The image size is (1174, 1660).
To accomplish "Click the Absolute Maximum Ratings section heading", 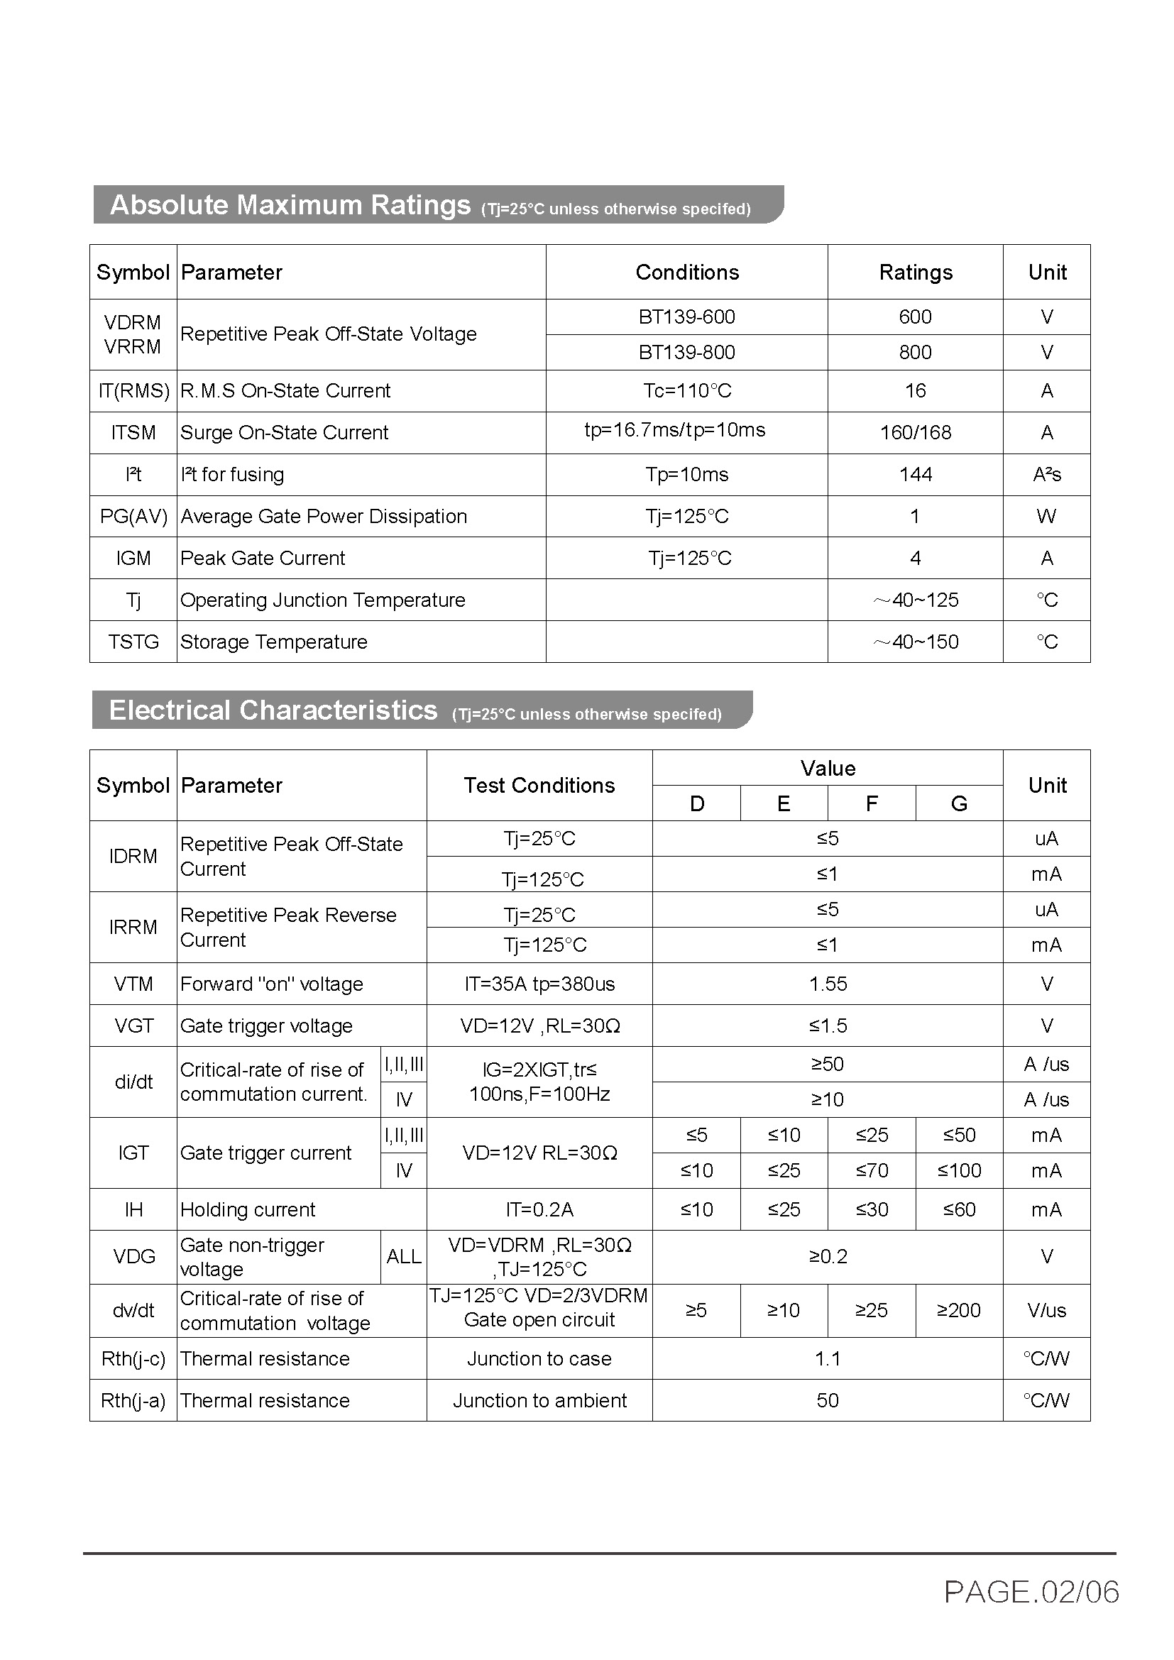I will click(x=289, y=205).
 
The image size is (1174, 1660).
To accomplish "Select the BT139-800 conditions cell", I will click(x=686, y=352).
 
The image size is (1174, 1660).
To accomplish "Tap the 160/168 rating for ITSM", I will click(x=915, y=432).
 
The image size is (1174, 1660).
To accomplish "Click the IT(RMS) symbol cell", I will click(x=133, y=390).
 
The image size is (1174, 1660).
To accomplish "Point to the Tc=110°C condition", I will click(x=687, y=390).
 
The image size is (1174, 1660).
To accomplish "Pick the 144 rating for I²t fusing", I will click(x=915, y=474).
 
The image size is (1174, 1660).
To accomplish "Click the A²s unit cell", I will click(x=1046, y=474).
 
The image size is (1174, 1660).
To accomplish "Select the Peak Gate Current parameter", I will click(x=263, y=558).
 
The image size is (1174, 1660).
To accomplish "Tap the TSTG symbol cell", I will click(x=133, y=642).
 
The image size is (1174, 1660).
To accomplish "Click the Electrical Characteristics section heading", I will click(x=273, y=710).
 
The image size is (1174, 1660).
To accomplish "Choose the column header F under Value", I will click(x=871, y=803).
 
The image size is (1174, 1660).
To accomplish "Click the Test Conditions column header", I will click(x=539, y=785).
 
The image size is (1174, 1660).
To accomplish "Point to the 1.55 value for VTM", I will click(x=828, y=983).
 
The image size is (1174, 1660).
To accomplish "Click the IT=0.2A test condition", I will click(x=539, y=1209).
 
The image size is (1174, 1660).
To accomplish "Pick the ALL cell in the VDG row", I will click(x=403, y=1257).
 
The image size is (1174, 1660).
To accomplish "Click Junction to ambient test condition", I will click(x=539, y=1400).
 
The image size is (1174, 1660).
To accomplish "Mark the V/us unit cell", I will click(x=1046, y=1310).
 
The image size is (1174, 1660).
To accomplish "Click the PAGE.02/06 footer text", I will click(x=1031, y=1592).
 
